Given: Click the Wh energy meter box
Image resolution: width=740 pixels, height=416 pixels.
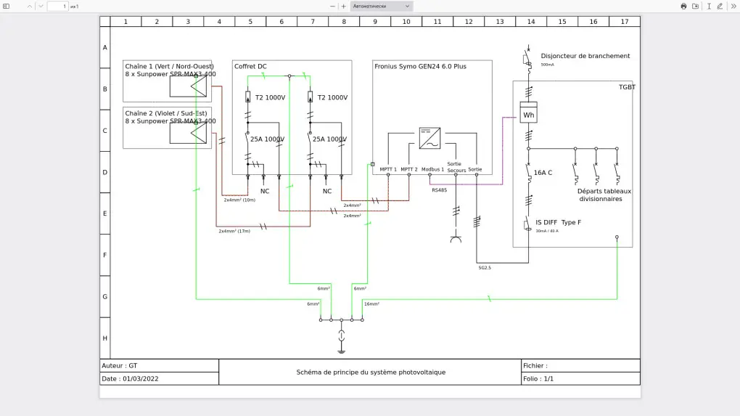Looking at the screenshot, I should pos(529,115).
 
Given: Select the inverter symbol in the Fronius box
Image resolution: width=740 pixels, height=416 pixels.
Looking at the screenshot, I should pos(429,138).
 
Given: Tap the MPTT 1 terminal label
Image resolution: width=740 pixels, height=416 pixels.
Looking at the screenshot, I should pos(388,169).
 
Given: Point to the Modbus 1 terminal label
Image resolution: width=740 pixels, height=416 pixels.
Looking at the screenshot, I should pos(432,169).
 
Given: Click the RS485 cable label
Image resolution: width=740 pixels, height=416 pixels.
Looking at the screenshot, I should pos(439,189).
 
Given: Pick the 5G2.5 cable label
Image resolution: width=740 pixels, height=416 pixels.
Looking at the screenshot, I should pos(485,268).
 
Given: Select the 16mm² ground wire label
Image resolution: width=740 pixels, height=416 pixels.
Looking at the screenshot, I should pos(371,304).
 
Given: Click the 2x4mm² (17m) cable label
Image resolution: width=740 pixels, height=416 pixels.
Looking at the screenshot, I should pos(234,231).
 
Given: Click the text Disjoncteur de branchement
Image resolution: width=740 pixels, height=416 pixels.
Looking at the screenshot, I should pos(585,56).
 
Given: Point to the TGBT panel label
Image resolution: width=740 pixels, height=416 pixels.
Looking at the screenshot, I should pos(626,87).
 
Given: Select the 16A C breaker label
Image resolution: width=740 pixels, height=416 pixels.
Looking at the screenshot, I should pos(543,173).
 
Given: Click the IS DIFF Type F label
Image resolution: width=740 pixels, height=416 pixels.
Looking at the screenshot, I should pos(558,222).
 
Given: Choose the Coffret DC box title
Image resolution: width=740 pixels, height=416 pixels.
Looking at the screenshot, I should pos(250,67).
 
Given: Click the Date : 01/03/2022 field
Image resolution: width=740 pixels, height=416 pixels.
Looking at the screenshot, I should pos(131,379).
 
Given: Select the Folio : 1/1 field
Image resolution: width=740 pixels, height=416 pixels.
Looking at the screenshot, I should pos(538,379).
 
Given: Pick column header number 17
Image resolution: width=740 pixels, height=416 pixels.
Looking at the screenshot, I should pos(625,22).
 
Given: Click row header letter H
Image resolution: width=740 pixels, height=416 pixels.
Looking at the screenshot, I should pos(105,338).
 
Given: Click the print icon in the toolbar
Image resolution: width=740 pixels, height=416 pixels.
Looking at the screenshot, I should pos(683,6).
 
